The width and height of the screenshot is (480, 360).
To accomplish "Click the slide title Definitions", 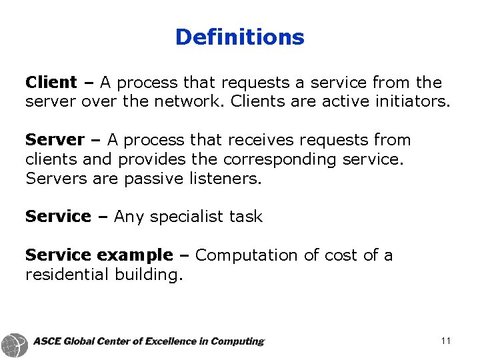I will tap(239, 37).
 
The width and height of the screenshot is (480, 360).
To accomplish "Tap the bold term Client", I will tap(51, 83).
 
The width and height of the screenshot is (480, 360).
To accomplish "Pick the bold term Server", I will tap(55, 140).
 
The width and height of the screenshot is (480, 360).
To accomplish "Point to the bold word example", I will tap(134, 255).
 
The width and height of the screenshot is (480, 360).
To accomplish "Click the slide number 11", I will tap(446, 341).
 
